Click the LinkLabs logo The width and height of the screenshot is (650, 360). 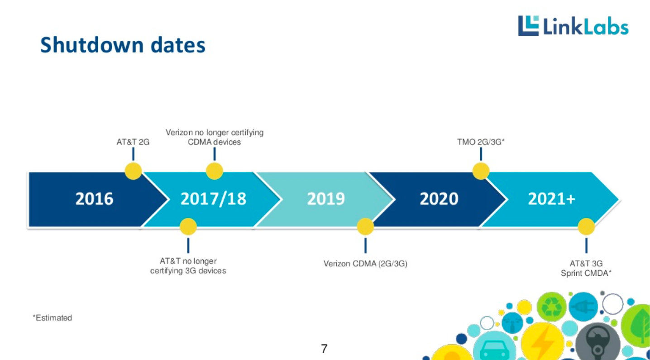click(x=573, y=26)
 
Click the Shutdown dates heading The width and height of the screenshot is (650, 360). click(x=123, y=45)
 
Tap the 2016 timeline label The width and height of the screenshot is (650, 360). click(x=94, y=199)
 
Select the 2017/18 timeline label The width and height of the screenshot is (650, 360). click(x=213, y=199)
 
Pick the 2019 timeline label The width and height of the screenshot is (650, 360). click(x=326, y=199)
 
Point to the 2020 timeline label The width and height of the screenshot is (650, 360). click(x=439, y=199)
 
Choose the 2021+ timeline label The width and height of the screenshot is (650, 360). click(x=551, y=199)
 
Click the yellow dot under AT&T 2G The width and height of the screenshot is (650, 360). click(x=133, y=171)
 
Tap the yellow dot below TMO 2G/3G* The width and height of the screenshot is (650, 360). click(x=481, y=171)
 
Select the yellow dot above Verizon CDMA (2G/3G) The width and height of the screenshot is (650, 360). click(x=365, y=226)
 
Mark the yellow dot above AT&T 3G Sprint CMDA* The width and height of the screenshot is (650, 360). click(x=586, y=226)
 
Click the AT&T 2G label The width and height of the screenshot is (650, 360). click(x=133, y=142)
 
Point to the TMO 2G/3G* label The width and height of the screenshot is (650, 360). click(x=481, y=142)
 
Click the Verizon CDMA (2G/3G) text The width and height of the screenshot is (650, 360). click(x=365, y=264)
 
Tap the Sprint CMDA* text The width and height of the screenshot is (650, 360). click(x=586, y=273)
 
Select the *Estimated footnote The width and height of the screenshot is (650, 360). click(x=52, y=318)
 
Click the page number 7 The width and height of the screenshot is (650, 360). click(x=324, y=349)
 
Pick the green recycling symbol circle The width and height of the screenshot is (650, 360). click(x=551, y=307)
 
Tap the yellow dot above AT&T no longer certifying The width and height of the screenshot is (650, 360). click(x=188, y=226)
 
